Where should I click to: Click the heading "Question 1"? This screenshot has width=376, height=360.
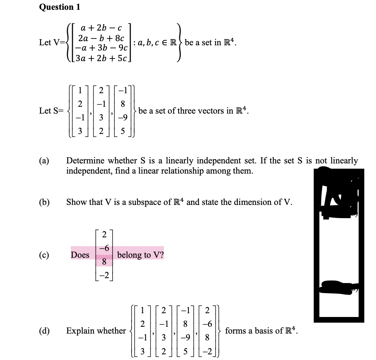59,7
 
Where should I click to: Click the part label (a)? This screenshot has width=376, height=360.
44,161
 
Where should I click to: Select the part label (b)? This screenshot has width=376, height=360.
44,202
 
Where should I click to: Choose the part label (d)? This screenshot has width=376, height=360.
44,331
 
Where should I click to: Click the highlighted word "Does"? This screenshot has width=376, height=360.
80,255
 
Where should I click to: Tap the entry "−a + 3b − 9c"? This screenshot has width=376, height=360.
102,48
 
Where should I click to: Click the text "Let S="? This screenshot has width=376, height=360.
51,111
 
